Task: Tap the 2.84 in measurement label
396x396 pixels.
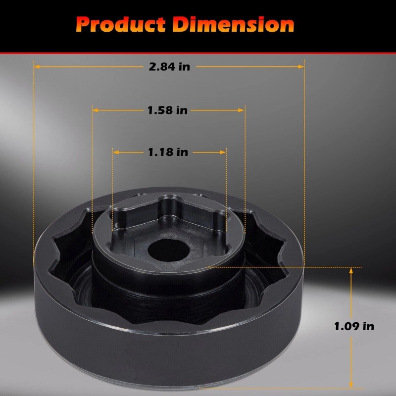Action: click(x=169, y=67)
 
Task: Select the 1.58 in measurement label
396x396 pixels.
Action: click(x=167, y=110)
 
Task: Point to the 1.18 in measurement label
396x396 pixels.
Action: click(x=168, y=152)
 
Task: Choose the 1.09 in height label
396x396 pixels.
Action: click(x=354, y=326)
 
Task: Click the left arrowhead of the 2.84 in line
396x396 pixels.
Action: click(x=37, y=66)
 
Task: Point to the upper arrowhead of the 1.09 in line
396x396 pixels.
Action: click(x=351, y=271)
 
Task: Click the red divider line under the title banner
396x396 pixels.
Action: click(x=198, y=52)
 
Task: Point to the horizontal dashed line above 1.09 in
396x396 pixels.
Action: click(x=297, y=267)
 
